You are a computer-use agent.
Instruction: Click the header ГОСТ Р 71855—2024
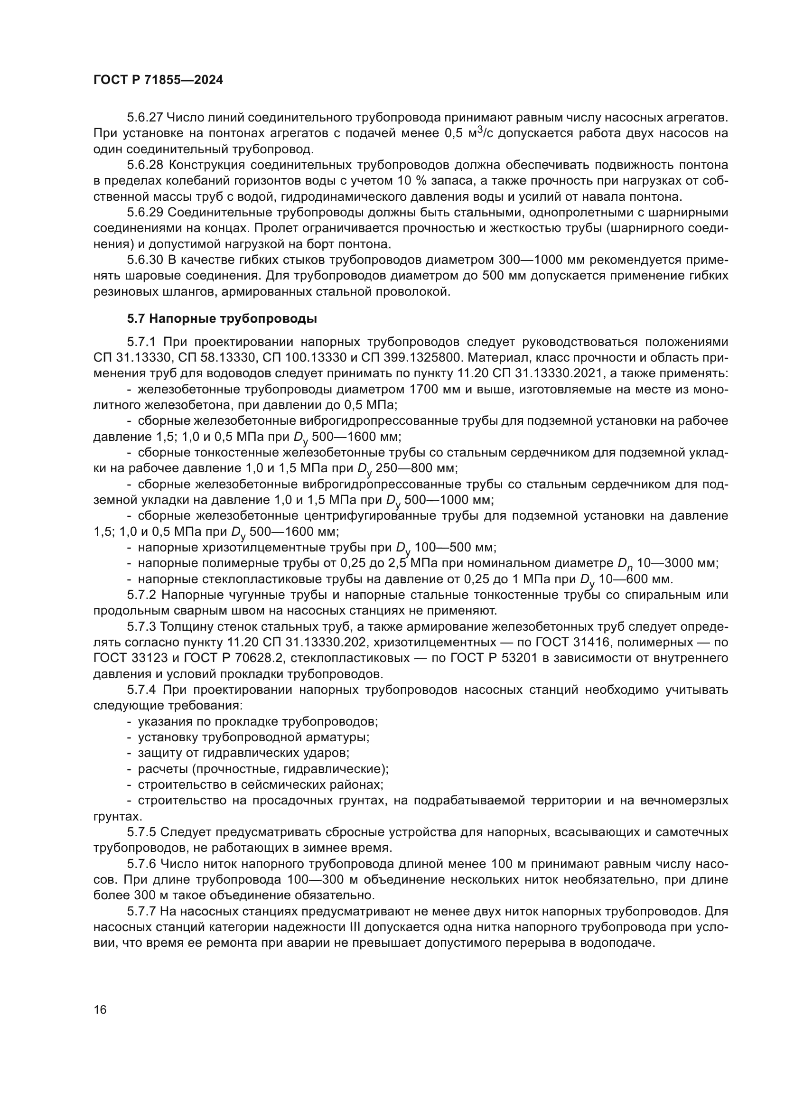[158, 80]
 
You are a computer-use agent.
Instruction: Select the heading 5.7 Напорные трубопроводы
[222, 318]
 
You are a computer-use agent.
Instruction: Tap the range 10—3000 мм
[677, 564]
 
